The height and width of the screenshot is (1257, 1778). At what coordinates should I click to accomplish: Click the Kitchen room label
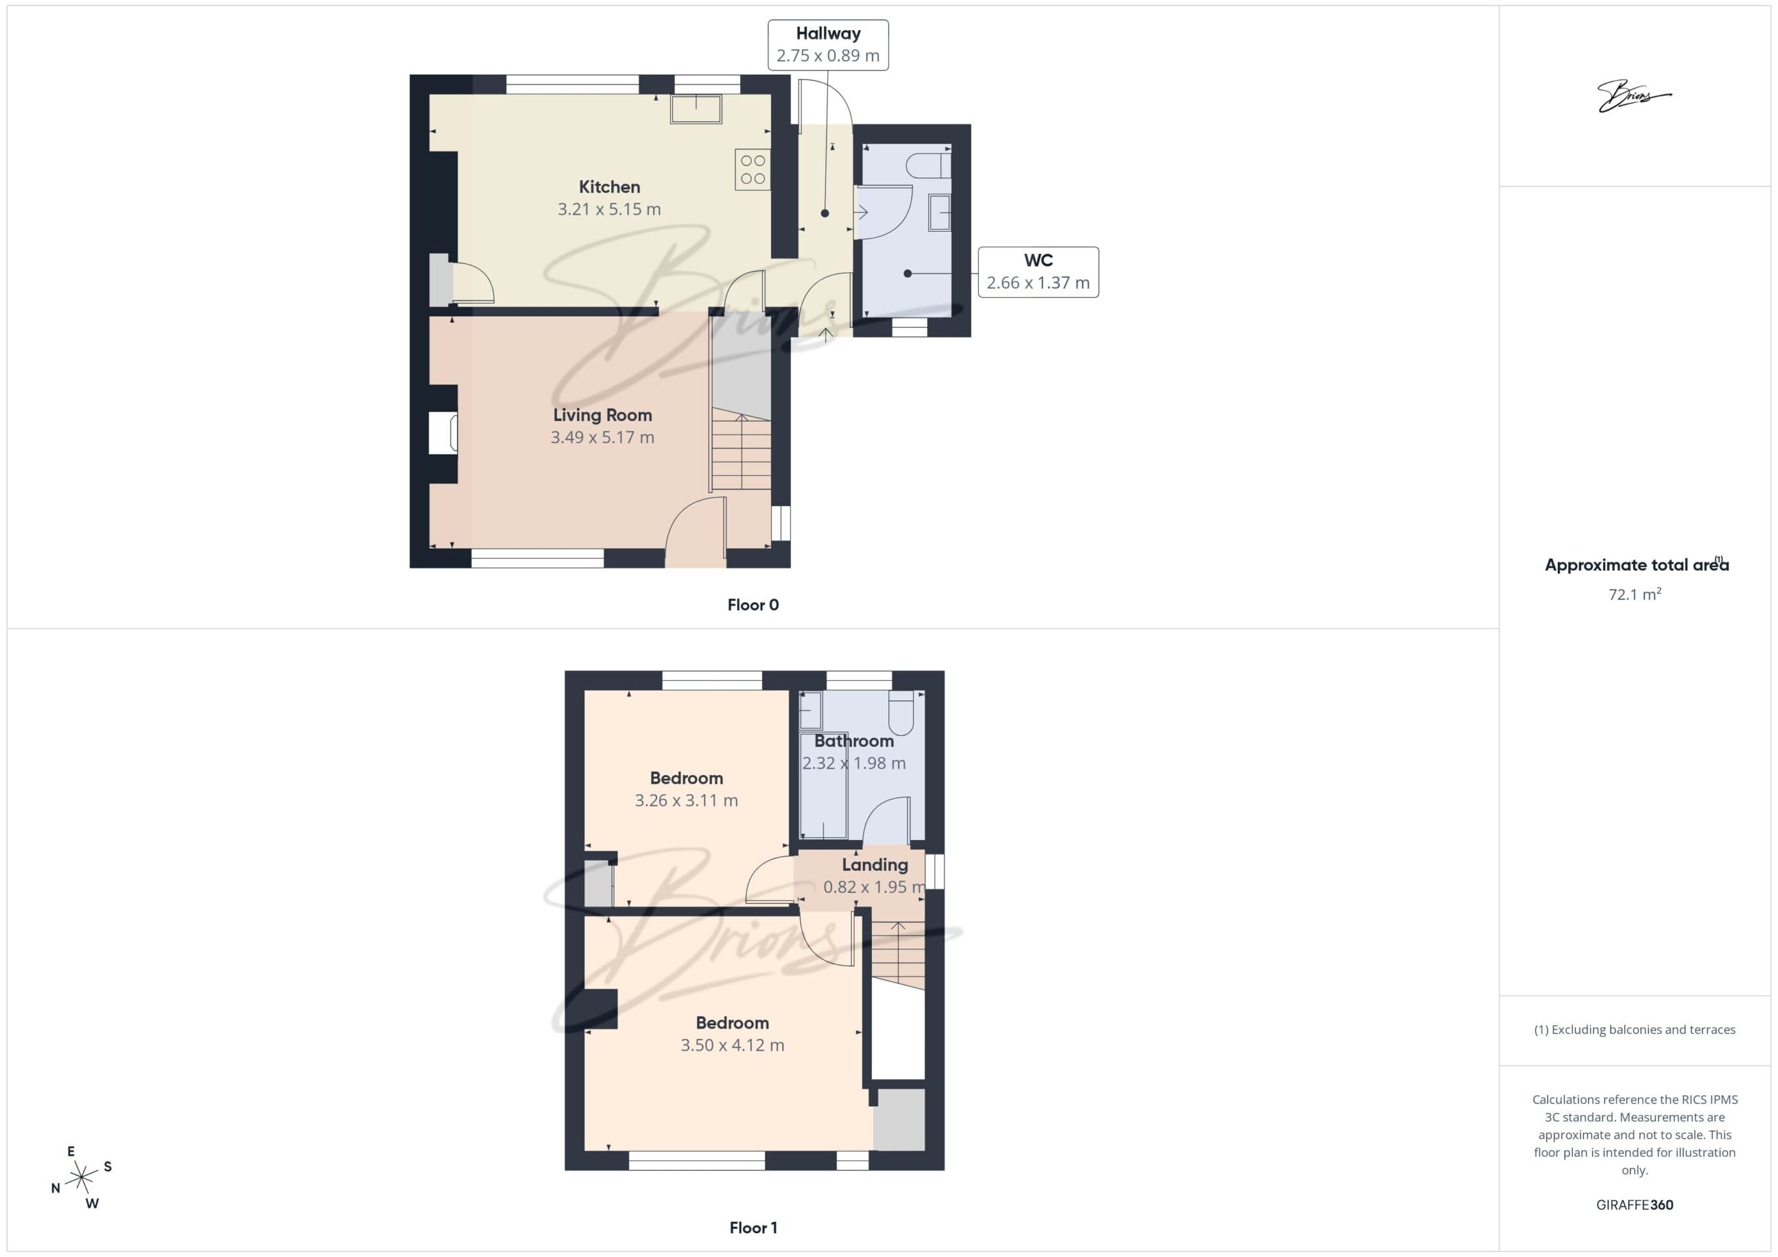point(609,187)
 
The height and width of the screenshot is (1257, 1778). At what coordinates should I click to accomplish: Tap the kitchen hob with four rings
point(753,170)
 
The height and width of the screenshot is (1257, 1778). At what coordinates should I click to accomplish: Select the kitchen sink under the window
point(696,109)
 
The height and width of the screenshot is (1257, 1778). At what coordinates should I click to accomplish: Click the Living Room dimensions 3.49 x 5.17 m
point(603,437)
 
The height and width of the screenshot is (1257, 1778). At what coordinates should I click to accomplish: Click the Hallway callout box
point(828,45)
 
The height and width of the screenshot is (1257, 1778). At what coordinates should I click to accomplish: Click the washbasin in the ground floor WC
point(939,212)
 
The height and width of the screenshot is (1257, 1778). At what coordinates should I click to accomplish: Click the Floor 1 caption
point(753,1228)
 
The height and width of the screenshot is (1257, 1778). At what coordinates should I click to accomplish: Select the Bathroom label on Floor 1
point(854,740)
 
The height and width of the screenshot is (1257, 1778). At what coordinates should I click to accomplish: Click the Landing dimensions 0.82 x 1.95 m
point(875,887)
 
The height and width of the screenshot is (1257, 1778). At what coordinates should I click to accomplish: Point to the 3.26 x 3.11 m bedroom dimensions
point(686,800)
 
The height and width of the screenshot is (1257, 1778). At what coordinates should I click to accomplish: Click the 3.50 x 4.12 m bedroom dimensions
point(732,1045)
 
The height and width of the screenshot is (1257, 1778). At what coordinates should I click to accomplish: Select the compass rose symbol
point(81,1178)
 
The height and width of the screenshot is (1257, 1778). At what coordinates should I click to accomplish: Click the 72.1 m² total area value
point(1634,594)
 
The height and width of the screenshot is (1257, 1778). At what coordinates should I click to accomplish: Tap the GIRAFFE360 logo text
point(1634,1205)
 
